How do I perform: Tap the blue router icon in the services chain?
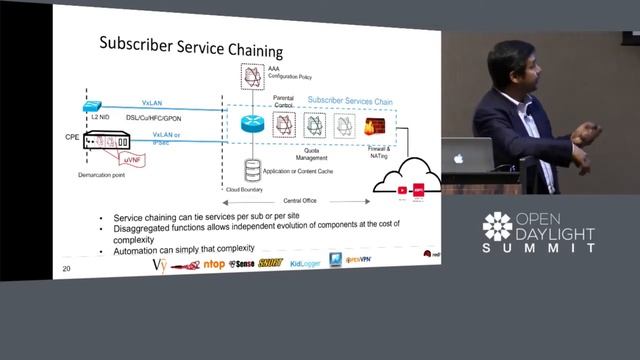pos(251,124)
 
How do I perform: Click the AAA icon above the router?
pos(252,75)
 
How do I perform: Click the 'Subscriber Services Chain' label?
pos(350,100)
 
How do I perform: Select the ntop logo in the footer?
pos(214,264)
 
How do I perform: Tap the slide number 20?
pos(66,268)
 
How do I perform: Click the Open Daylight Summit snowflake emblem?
pos(497,227)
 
